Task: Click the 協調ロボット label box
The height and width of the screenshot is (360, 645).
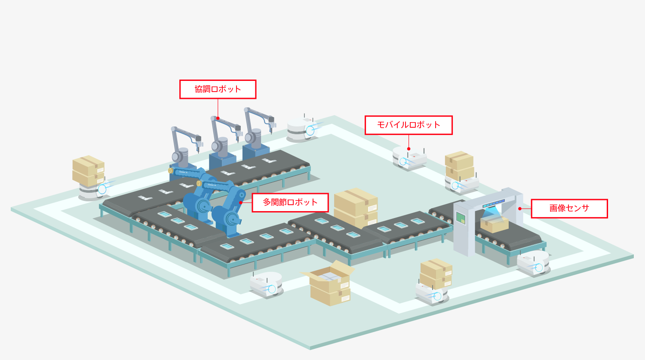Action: coord(218,89)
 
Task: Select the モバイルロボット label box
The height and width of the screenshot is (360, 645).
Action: coord(408,125)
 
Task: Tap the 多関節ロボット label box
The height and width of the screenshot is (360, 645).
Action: coord(290,202)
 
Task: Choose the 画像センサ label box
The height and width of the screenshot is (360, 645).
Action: coord(569,209)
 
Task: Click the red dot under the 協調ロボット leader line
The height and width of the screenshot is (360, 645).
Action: coord(218,118)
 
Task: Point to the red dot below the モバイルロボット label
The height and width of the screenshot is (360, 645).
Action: coord(408,149)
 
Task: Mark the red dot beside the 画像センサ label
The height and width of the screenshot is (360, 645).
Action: coord(520,209)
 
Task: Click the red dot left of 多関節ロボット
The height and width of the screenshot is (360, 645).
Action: coord(241,202)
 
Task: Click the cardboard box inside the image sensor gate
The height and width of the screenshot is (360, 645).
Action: coord(495,224)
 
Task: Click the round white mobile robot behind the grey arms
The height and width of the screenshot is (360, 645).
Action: coord(301,128)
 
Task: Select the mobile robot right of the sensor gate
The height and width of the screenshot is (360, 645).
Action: coord(533,263)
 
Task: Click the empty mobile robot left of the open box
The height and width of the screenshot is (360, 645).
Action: coord(267,284)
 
